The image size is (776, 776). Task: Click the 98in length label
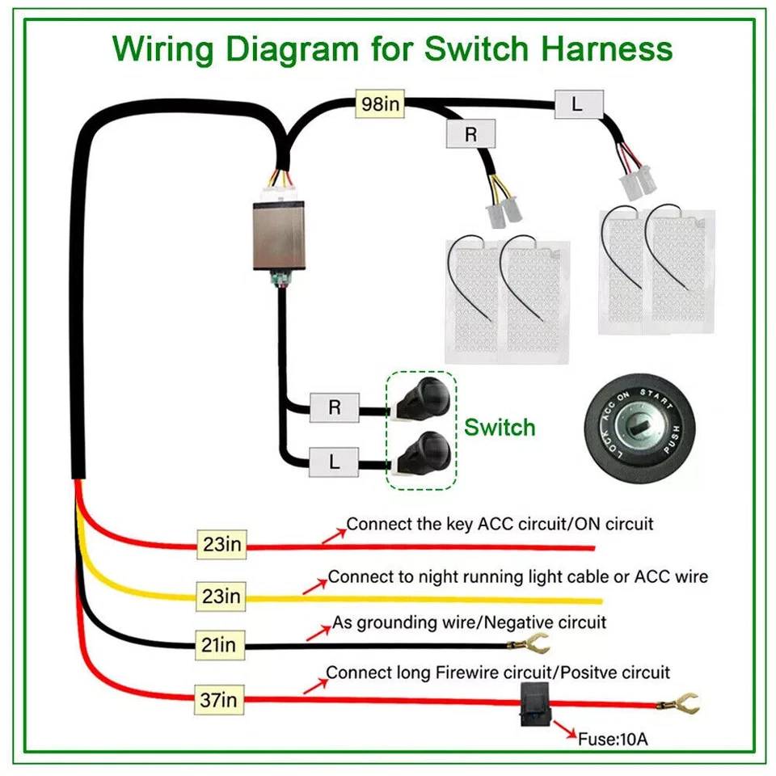tap(380, 104)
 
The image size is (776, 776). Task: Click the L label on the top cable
tap(577, 103)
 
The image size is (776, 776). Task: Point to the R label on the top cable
tap(471, 134)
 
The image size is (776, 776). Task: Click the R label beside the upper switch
tap(335, 408)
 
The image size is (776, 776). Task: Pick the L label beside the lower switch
tap(335, 463)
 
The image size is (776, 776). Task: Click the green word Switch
tap(500, 427)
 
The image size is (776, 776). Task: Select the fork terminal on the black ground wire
tap(529, 645)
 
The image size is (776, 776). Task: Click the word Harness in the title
tap(608, 48)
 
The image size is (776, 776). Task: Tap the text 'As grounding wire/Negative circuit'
tap(469, 623)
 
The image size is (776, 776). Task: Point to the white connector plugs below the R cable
tap(503, 212)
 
